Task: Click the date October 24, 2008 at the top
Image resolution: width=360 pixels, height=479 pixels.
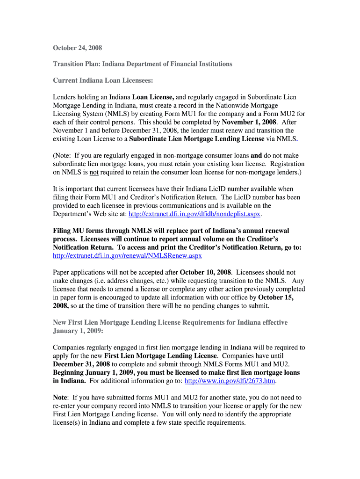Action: (x=77, y=48)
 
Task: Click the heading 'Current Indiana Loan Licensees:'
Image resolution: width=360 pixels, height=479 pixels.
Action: (x=103, y=80)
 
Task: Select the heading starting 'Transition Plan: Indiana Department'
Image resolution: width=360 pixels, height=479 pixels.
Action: (x=142, y=64)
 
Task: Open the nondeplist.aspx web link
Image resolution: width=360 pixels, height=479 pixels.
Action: (x=194, y=214)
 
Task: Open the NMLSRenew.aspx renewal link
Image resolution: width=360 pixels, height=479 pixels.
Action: (x=127, y=256)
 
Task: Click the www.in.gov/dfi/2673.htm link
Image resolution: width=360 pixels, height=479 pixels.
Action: (x=230, y=381)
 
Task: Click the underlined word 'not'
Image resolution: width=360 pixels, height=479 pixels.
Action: (x=94, y=173)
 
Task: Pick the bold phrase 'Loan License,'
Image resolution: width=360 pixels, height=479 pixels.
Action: (x=153, y=97)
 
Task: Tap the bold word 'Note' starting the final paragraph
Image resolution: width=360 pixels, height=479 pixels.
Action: (x=60, y=398)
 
